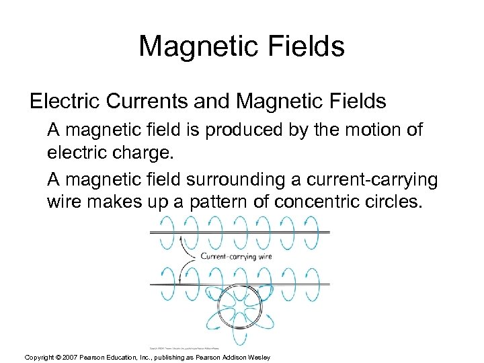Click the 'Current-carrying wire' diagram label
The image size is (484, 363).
tap(236, 256)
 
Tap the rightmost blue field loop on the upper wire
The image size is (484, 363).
tap(313, 232)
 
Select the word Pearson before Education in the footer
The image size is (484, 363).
tap(94, 357)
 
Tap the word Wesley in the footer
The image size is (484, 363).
tap(259, 357)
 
